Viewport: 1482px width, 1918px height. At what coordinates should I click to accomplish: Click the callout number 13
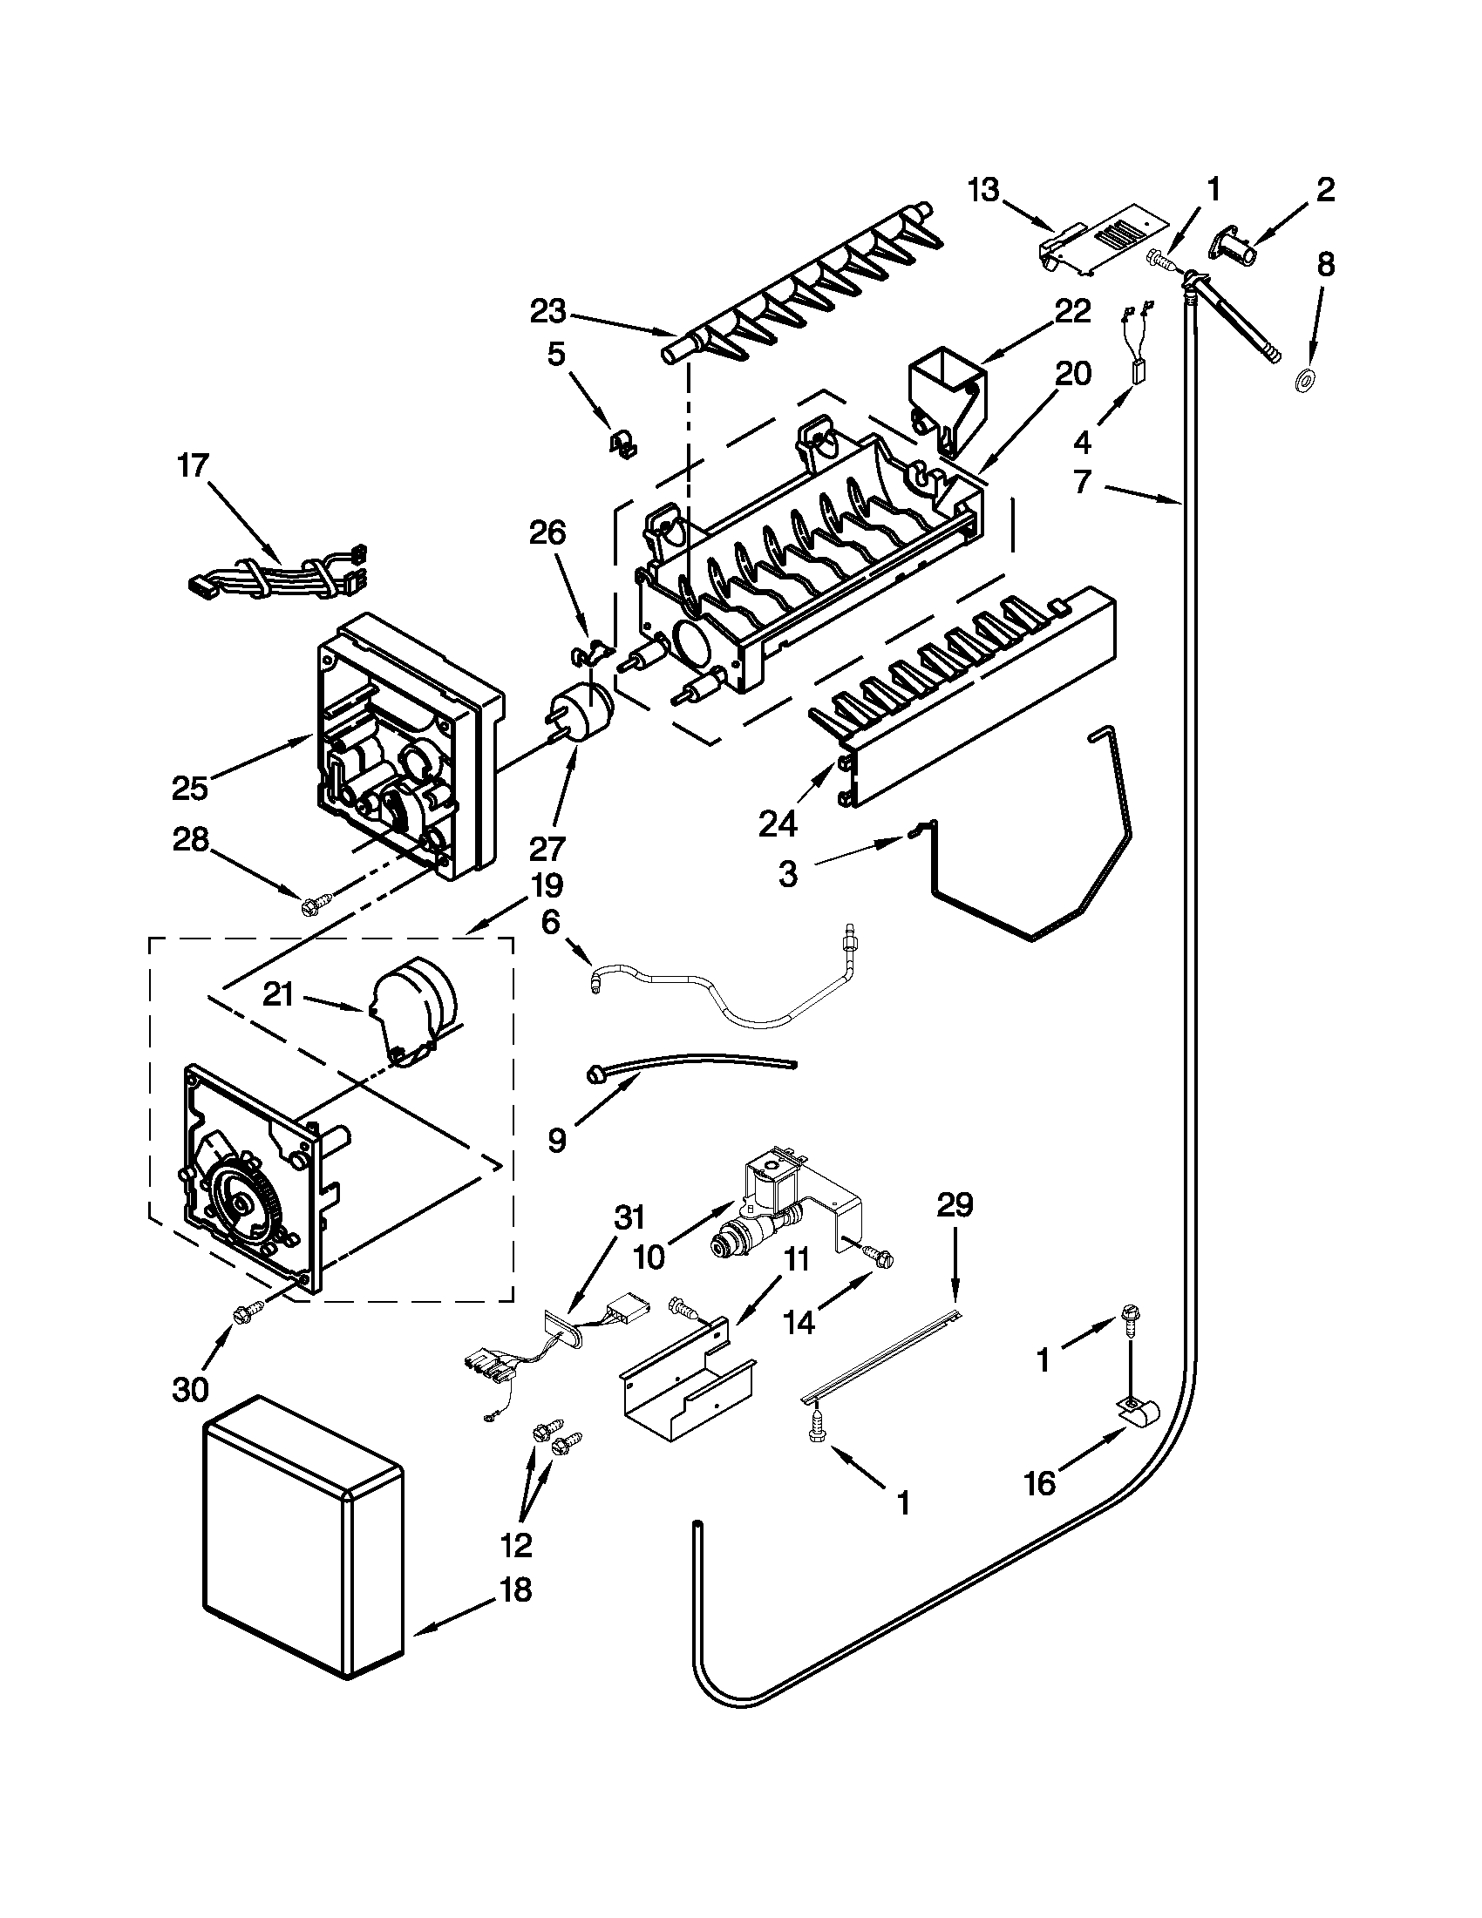point(984,191)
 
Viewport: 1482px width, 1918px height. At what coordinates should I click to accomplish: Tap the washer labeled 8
point(1304,380)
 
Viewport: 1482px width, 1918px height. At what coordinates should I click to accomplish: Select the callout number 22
point(1071,311)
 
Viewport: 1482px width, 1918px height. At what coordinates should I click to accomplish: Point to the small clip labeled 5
point(622,443)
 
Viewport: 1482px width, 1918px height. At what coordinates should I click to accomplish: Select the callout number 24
point(778,823)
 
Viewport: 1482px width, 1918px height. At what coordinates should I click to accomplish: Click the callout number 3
point(788,874)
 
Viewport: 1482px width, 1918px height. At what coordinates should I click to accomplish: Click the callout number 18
point(517,1589)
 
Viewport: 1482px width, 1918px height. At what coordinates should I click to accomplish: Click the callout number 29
point(955,1205)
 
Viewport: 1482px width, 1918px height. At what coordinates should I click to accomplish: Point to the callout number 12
point(517,1543)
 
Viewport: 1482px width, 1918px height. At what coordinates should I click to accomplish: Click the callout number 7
point(1082,481)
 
